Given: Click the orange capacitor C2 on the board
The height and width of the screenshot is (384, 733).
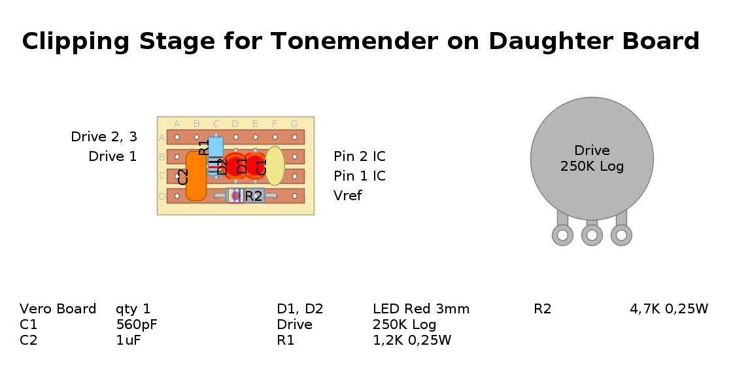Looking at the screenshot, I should pyautogui.click(x=196, y=176).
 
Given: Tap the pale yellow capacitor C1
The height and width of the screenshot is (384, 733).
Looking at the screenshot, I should pyautogui.click(x=275, y=166).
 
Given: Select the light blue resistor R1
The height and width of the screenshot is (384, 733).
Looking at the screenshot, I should pyautogui.click(x=215, y=147).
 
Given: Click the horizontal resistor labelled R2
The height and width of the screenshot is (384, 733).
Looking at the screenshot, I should pyautogui.click(x=253, y=196).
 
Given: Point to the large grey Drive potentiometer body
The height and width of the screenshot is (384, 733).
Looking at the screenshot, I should pyautogui.click(x=592, y=159).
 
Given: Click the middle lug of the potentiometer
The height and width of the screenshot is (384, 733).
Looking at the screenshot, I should pyautogui.click(x=592, y=235).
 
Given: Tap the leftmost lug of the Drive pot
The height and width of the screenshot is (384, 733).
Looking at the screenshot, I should pyautogui.click(x=562, y=235).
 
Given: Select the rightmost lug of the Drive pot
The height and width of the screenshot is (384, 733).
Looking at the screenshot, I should pyautogui.click(x=621, y=235).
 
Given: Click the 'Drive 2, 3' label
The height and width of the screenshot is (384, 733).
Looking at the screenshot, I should pyautogui.click(x=104, y=137).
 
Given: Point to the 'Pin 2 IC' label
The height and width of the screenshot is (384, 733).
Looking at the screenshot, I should pyautogui.click(x=359, y=156).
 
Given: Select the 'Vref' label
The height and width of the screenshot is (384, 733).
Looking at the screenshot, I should pyautogui.click(x=347, y=196).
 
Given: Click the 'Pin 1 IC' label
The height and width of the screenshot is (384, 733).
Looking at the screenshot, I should pyautogui.click(x=359, y=176).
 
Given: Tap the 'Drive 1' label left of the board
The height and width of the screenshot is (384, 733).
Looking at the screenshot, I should pyautogui.click(x=112, y=156).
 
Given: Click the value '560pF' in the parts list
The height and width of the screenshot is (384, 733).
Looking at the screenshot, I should pyautogui.click(x=137, y=324).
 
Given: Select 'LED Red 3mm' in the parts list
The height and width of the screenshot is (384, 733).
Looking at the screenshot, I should pyautogui.click(x=421, y=309).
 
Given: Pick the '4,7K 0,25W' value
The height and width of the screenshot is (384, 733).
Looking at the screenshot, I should pyautogui.click(x=669, y=309).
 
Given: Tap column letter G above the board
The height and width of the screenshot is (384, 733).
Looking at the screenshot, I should pyautogui.click(x=294, y=124).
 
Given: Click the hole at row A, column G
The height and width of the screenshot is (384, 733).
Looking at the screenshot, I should pyautogui.click(x=294, y=137).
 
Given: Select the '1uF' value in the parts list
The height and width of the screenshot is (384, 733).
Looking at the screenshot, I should pyautogui.click(x=128, y=340).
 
